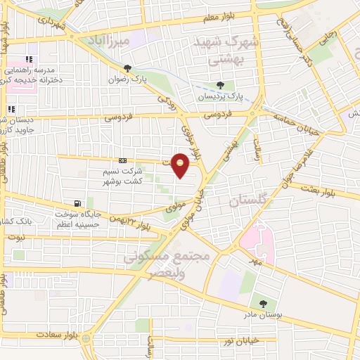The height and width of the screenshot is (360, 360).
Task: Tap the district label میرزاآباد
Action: point(108,41)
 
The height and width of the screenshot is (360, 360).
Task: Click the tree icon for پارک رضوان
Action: point(127,68)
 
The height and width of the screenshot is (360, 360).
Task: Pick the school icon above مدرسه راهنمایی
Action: point(30,60)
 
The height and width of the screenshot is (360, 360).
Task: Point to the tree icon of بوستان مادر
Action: point(263,304)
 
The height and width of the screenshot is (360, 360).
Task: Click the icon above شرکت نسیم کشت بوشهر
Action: point(123,160)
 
